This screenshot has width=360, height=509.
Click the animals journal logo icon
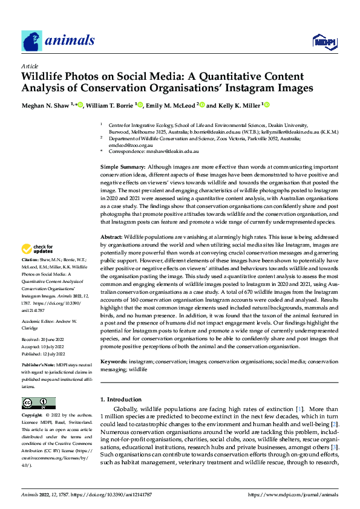click(31, 41)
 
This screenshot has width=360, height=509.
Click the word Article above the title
click(30, 66)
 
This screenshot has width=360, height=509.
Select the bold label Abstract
click(111, 238)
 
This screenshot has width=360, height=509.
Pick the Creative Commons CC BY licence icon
click(38, 403)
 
